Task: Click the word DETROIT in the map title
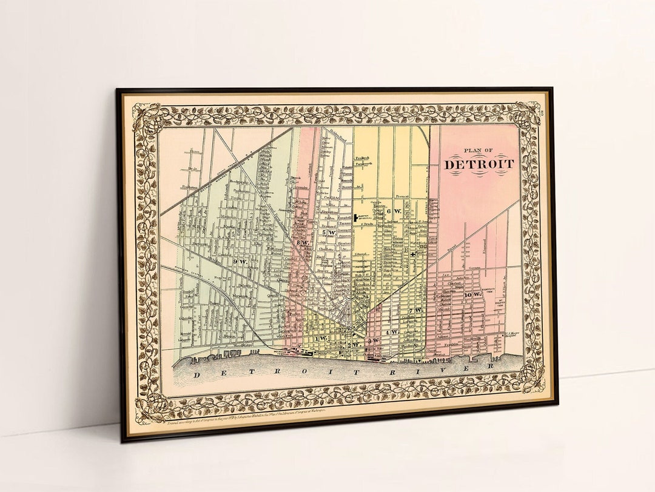tap(479, 164)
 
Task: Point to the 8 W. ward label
tap(303, 243)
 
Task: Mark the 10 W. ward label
tap(472, 294)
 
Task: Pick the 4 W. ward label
tap(392, 332)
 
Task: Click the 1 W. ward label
tap(321, 337)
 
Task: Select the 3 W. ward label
tap(375, 341)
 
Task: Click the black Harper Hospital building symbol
tap(355, 218)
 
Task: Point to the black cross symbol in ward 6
tap(412, 254)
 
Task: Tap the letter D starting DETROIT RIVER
tap(196, 376)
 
